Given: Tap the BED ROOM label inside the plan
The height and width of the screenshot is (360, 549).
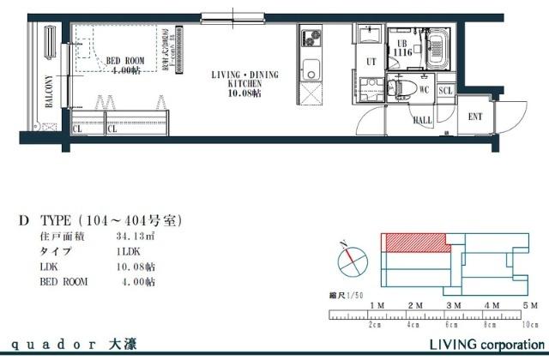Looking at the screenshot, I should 125,65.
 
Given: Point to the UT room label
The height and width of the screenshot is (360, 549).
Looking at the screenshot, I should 371,62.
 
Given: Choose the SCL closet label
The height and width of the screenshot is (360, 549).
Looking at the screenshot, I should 445,90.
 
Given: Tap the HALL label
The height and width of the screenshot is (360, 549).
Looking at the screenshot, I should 422,121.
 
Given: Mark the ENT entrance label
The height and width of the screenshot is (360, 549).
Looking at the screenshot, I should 475,117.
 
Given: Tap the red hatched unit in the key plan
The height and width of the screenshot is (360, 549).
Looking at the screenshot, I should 416,243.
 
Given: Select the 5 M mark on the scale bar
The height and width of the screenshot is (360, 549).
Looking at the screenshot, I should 528,305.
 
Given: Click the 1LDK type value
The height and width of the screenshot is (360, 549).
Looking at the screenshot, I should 127,251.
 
